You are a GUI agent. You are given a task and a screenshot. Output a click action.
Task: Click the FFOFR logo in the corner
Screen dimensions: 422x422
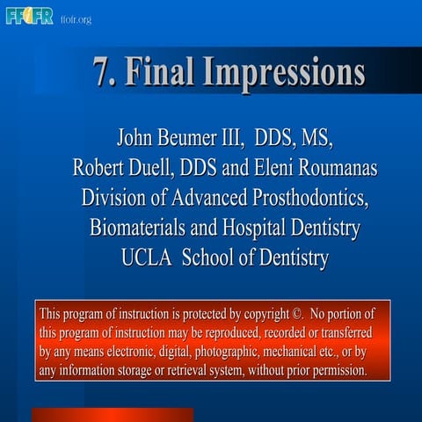tap(29, 15)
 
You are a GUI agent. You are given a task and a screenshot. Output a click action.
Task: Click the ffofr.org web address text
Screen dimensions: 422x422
tap(76, 19)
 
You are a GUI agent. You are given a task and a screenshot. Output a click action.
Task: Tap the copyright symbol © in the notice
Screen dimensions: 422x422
tap(296, 314)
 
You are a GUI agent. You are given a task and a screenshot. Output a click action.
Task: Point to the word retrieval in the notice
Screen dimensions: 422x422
tap(164, 370)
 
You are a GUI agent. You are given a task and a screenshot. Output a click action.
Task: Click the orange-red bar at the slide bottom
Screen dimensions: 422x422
tap(112, 414)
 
